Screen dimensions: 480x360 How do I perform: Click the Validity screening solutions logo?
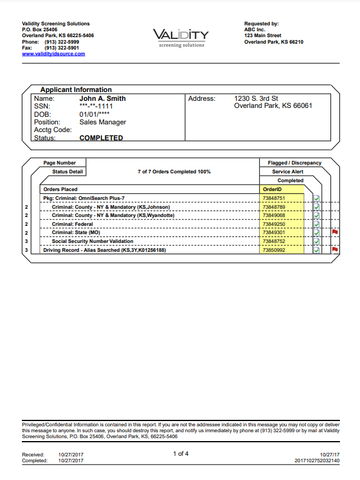point(180,38)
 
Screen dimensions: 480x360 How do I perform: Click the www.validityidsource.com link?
point(53,54)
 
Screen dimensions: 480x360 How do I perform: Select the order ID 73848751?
point(274,198)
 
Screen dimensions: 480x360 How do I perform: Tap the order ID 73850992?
point(274,250)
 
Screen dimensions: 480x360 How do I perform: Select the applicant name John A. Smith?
point(102,98)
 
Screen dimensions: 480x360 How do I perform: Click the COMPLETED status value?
point(101,138)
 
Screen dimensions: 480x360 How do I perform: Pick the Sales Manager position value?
point(102,122)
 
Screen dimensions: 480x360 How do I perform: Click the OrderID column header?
point(272,189)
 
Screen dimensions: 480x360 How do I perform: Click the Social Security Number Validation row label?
point(92,241)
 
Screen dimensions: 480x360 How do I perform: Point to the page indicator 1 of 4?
point(180,453)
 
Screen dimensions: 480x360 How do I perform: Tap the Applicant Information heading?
point(76,90)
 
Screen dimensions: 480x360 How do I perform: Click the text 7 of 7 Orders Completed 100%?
point(174,172)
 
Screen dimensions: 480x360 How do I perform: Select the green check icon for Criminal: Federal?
point(317,224)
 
